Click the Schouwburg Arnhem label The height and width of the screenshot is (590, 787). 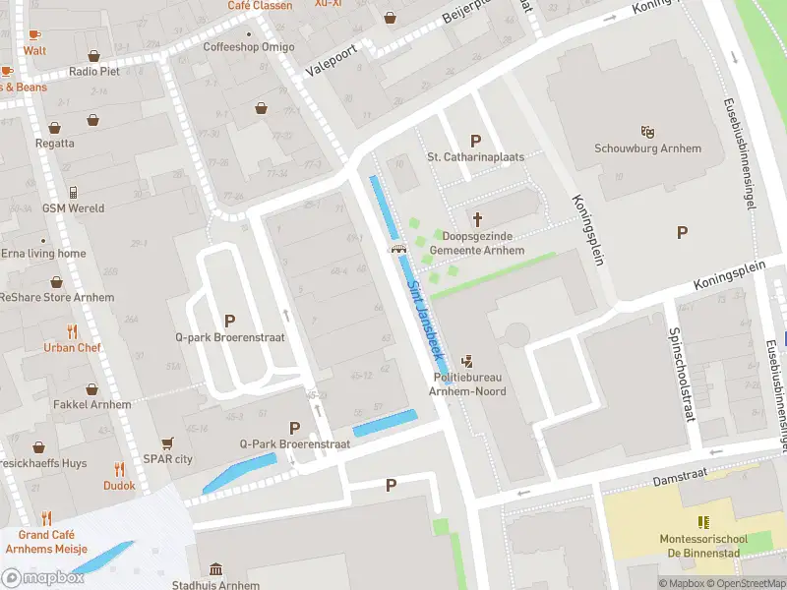click(647, 148)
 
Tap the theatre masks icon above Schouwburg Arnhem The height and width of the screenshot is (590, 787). click(647, 130)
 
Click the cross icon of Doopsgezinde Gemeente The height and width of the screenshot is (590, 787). click(478, 219)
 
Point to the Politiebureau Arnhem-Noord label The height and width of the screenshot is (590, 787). click(468, 384)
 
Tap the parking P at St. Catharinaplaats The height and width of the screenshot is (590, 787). click(476, 141)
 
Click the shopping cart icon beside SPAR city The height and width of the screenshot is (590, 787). click(167, 443)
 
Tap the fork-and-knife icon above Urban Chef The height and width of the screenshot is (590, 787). click(72, 331)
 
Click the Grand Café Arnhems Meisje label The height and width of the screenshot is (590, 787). click(46, 542)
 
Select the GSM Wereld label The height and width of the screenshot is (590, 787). click(73, 208)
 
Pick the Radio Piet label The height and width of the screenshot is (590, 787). click(93, 72)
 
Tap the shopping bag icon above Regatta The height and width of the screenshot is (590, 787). click(54, 128)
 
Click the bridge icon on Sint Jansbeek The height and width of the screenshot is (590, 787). click(399, 249)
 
